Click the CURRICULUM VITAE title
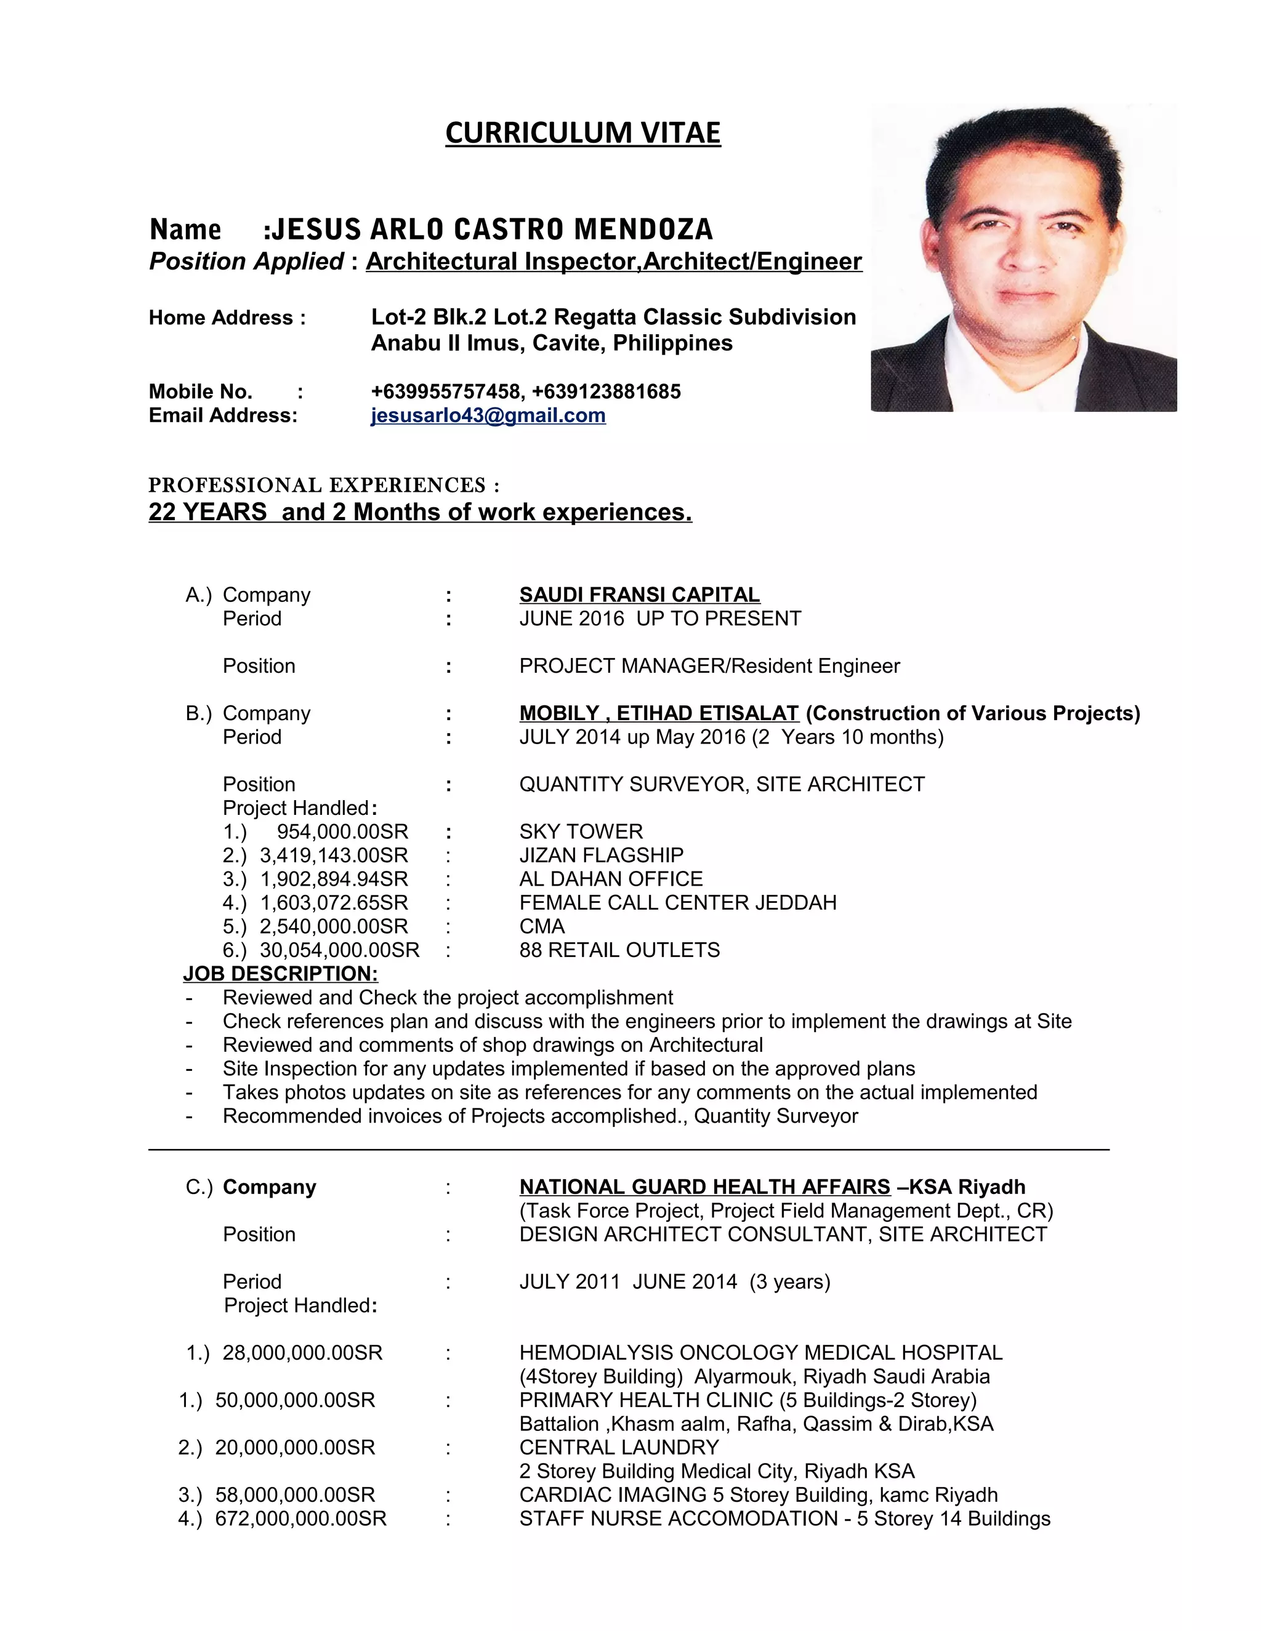point(582,133)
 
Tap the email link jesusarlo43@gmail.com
point(488,415)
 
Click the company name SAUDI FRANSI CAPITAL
point(640,595)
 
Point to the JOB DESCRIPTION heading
point(280,973)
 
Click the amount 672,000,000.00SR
point(300,1518)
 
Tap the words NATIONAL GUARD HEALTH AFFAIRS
point(704,1187)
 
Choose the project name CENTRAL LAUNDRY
point(619,1448)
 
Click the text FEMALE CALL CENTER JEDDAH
point(677,902)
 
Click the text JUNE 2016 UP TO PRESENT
point(659,619)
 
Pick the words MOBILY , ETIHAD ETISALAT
point(659,713)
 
